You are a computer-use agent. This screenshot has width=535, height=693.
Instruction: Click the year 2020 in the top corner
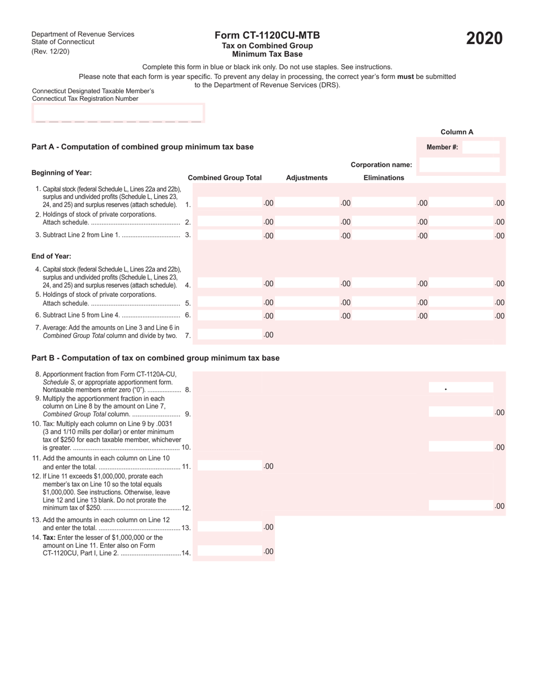[x=484, y=38]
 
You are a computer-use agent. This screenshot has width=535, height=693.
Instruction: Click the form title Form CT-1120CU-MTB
[x=267, y=35]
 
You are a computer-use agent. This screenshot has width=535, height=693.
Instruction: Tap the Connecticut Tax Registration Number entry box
[x=118, y=113]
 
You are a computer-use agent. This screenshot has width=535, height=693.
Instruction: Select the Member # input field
[x=480, y=148]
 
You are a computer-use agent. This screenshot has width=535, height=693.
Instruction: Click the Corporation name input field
[x=460, y=165]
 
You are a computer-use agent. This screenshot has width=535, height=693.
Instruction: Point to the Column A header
[x=457, y=132]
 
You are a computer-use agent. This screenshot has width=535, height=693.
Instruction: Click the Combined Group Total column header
[x=225, y=177]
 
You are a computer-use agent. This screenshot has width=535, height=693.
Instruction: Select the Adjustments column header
[x=306, y=177]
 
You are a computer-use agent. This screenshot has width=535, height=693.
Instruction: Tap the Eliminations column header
[x=384, y=177]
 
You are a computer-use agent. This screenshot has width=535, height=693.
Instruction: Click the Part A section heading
[x=142, y=147]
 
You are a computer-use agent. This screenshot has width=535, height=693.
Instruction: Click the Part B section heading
[x=155, y=358]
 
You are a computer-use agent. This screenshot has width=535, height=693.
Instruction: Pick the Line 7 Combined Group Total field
[x=231, y=335]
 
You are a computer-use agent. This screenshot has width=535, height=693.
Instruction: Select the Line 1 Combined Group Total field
[x=231, y=203]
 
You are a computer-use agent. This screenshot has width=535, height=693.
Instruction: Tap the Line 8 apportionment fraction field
[x=461, y=388]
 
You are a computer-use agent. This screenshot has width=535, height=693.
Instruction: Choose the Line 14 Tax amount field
[x=231, y=552]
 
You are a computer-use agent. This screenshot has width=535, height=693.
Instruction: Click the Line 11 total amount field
[x=231, y=466]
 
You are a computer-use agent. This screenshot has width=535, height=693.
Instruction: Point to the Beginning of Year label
[x=61, y=173]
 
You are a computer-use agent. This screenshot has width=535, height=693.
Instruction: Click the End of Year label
[x=51, y=256]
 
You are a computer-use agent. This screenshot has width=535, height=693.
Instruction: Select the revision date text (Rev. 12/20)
[x=51, y=52]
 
